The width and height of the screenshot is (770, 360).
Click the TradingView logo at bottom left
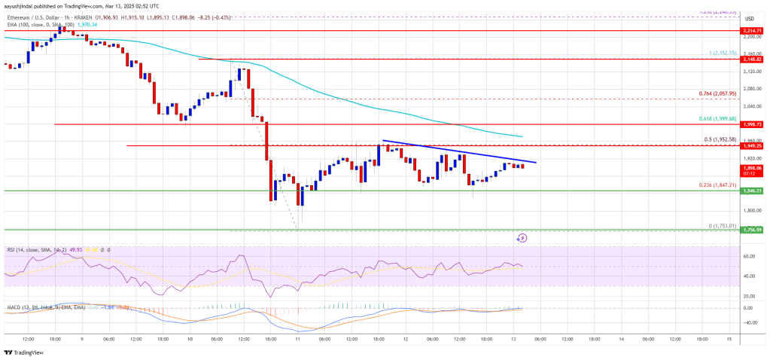point(23,352)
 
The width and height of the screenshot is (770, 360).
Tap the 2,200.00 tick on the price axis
point(750,36)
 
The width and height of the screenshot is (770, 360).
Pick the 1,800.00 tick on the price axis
point(750,211)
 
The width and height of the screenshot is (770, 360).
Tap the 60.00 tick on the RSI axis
point(750,256)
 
